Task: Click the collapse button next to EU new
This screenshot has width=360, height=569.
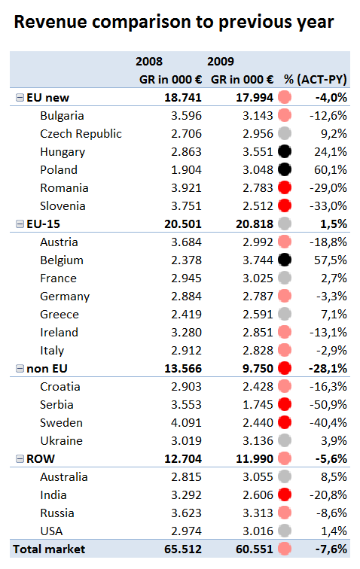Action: [x=20, y=97]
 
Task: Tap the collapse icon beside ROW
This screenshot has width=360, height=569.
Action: [x=20, y=458]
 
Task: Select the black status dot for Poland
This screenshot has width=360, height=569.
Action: [x=285, y=169]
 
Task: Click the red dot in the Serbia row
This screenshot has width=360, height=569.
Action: [x=285, y=404]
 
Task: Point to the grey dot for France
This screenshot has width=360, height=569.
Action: [x=285, y=278]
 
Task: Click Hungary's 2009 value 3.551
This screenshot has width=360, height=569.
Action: [x=258, y=152]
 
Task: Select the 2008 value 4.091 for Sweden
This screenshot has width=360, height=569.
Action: [x=186, y=423]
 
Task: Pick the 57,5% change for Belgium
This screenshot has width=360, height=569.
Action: [x=331, y=260]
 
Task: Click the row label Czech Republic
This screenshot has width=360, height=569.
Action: [x=81, y=133]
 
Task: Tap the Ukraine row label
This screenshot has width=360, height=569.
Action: [x=62, y=440]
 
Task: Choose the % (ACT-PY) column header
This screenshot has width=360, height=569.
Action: [x=316, y=80]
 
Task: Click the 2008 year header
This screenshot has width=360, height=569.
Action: [x=149, y=61]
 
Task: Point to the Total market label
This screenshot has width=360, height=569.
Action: [x=49, y=549]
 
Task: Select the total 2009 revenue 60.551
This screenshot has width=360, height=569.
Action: [x=255, y=549]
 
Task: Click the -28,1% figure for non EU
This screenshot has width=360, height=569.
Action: [x=328, y=368]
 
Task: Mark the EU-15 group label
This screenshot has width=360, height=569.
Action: [x=43, y=224]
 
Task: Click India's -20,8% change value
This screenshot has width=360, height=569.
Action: [x=328, y=495]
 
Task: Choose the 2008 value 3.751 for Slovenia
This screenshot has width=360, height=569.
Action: [x=186, y=205]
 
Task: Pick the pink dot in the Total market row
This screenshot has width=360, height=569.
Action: [x=285, y=549]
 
